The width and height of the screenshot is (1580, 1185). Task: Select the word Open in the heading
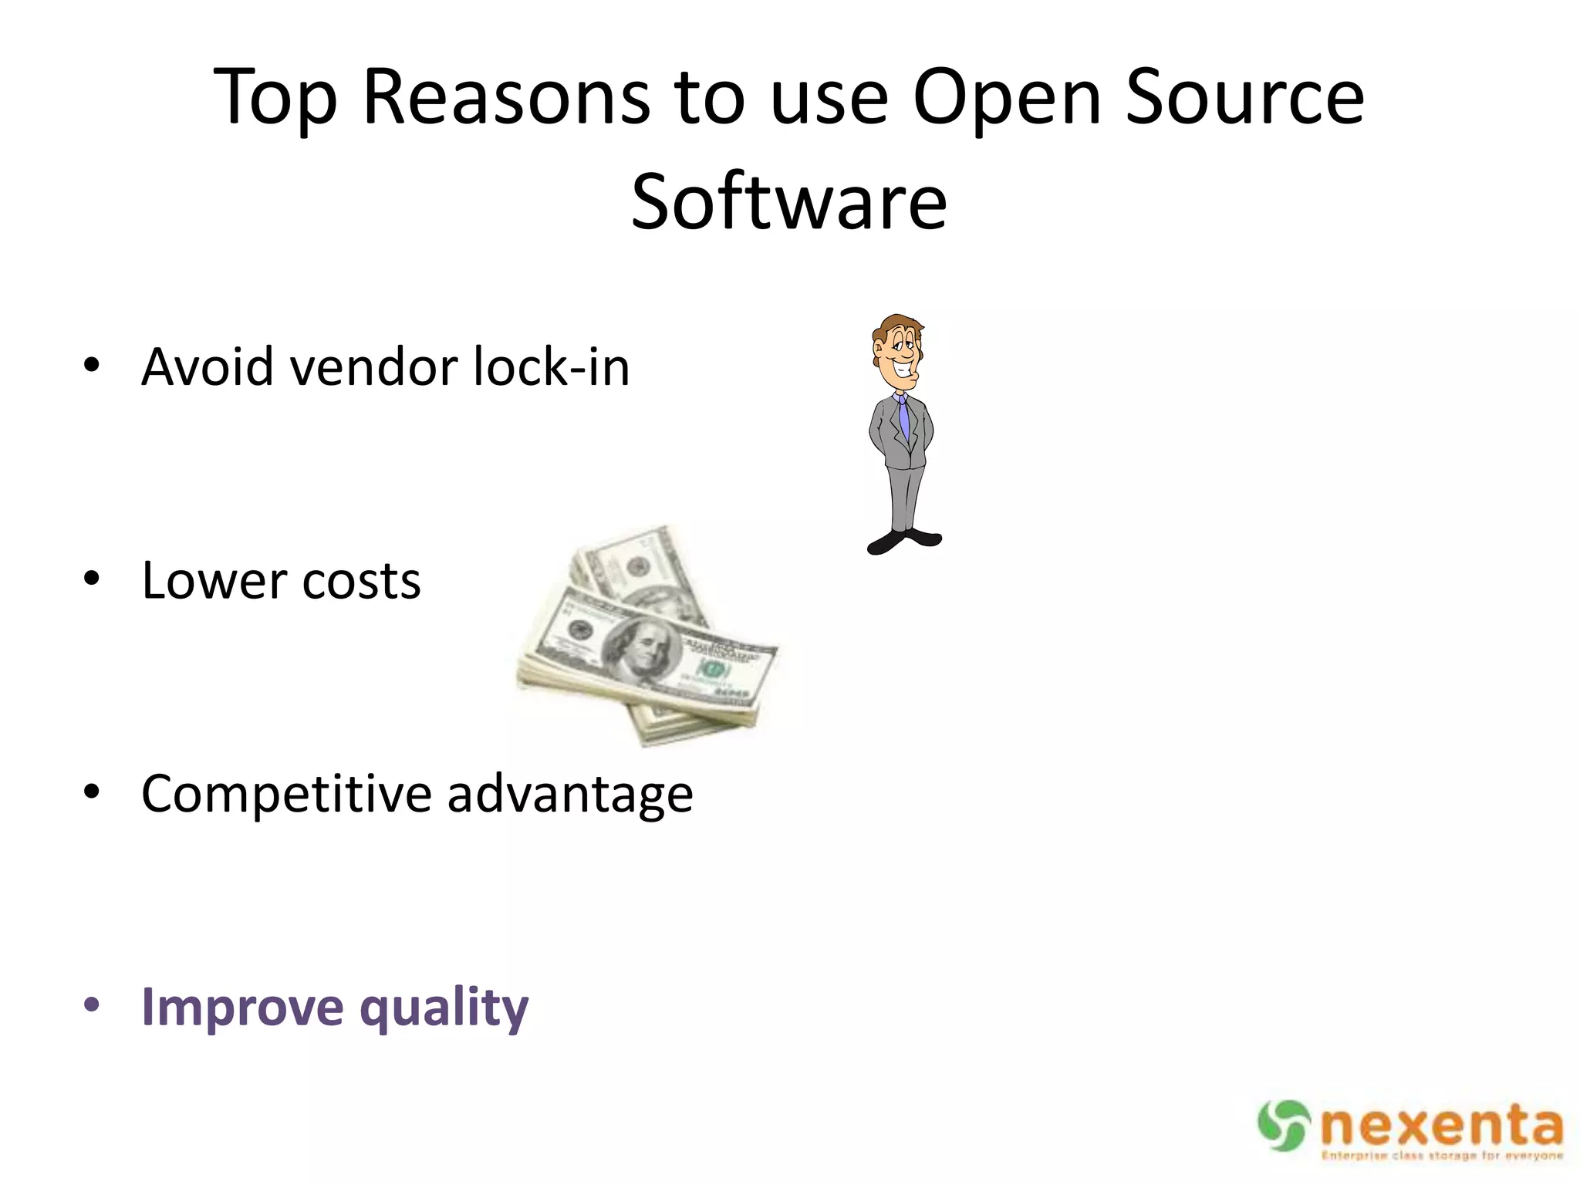[x=1008, y=98]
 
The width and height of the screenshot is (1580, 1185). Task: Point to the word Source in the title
[x=1244, y=98]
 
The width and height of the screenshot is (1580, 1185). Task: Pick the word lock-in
[x=552, y=367]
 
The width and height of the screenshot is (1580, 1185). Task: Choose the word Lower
[x=211, y=580]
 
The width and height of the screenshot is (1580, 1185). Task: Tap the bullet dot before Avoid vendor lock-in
[x=92, y=366]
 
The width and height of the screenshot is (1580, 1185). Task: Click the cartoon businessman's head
[x=898, y=351]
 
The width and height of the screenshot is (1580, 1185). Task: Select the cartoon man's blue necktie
[x=903, y=417]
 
